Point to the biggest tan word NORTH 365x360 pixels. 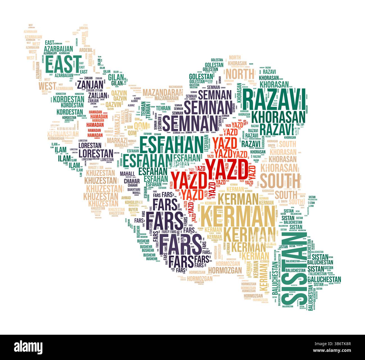pyautogui.click(x=240, y=74)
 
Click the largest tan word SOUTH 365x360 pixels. pyautogui.click(x=280, y=181)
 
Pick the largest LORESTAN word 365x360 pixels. pyautogui.click(x=96, y=153)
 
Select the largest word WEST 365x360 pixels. pyautogui.click(x=47, y=86)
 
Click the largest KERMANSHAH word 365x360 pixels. pyautogui.click(x=63, y=134)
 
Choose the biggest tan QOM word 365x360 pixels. pyautogui.click(x=140, y=126)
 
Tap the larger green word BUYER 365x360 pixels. pyautogui.click(x=133, y=209)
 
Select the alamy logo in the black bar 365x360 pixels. pyautogui.click(x=28, y=347)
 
